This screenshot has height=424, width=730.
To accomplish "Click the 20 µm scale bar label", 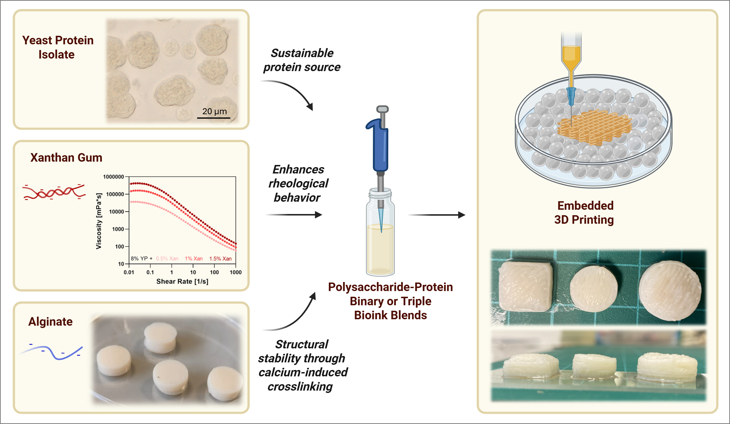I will pyautogui.click(x=214, y=111).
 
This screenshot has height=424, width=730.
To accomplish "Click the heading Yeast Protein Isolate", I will pyautogui.click(x=58, y=47).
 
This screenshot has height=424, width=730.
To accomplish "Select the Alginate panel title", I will pyautogui.click(x=51, y=322).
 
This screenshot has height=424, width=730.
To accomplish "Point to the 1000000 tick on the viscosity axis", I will pyautogui.click(x=113, y=177).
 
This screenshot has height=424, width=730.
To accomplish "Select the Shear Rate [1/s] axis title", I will pyautogui.click(x=182, y=281).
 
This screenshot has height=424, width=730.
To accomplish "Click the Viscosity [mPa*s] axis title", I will pyautogui.click(x=99, y=221).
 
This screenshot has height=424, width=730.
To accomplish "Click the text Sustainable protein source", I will pyautogui.click(x=302, y=60).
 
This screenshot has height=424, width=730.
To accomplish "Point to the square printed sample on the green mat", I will pyautogui.click(x=525, y=287).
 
